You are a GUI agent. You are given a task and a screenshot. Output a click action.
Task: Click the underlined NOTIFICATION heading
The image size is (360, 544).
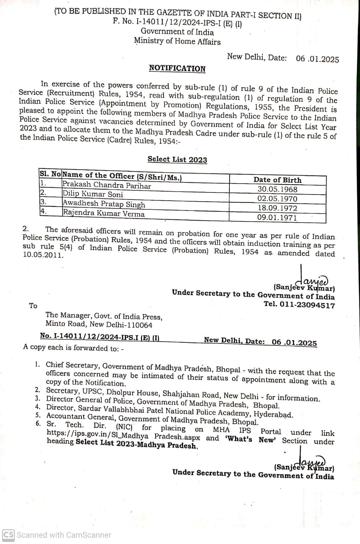pyautogui.click(x=177, y=68)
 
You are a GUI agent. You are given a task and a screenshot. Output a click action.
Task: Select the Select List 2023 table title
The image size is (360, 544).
pyautogui.click(x=177, y=159)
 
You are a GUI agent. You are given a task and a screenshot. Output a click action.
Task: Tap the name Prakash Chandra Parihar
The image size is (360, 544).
pyautogui.click(x=106, y=185)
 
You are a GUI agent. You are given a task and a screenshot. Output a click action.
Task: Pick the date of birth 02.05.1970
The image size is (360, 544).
pyautogui.click(x=277, y=199)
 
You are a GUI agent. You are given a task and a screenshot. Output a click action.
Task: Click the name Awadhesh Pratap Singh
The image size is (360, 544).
pyautogui.click(x=104, y=204)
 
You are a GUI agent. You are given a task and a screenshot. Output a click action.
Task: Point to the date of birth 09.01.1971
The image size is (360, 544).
pyautogui.click(x=277, y=218)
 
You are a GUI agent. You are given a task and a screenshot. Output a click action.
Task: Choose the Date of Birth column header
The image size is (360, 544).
pyautogui.click(x=277, y=180)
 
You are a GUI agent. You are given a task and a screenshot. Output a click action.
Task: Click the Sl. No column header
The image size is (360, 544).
pyautogui.click(x=50, y=174)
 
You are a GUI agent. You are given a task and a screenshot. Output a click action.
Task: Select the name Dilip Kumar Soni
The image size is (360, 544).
pyautogui.click(x=93, y=194)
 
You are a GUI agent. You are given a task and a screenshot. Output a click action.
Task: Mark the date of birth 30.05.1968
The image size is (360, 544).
pyautogui.click(x=277, y=189)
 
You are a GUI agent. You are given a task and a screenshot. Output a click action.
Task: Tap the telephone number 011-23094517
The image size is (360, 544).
pyautogui.click(x=307, y=305)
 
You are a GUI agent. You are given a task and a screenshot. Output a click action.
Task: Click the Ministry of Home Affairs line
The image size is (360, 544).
pyautogui.click(x=177, y=41)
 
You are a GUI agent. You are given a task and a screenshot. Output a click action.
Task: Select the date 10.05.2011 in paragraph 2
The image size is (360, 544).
pyautogui.click(x=43, y=255)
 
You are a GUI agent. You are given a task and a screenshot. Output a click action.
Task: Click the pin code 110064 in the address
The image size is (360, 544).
pyautogui.click(x=140, y=325)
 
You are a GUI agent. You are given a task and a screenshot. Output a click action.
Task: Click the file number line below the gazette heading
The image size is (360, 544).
pyautogui.click(x=177, y=23)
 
